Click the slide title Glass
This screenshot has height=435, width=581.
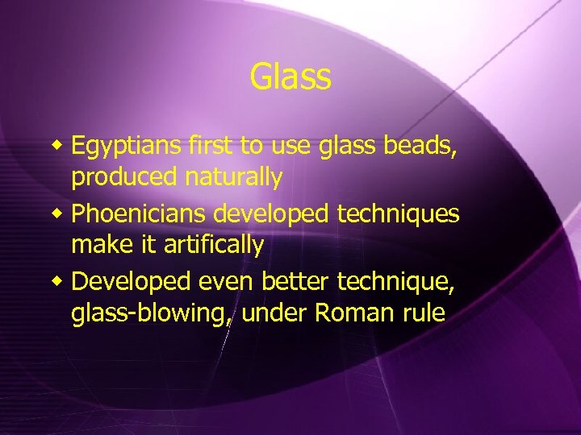(x=290, y=77)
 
